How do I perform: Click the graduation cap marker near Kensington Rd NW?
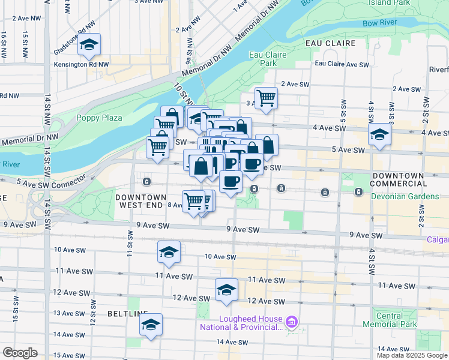(x=89, y=44)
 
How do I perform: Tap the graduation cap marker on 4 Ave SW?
(x=379, y=135)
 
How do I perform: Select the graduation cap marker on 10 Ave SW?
(x=169, y=252)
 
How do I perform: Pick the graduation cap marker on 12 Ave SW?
(x=226, y=290)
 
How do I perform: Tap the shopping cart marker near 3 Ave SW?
(x=266, y=98)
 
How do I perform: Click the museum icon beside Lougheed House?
(x=292, y=323)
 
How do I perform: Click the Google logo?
(x=20, y=353)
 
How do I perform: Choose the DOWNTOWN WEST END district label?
(x=139, y=201)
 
